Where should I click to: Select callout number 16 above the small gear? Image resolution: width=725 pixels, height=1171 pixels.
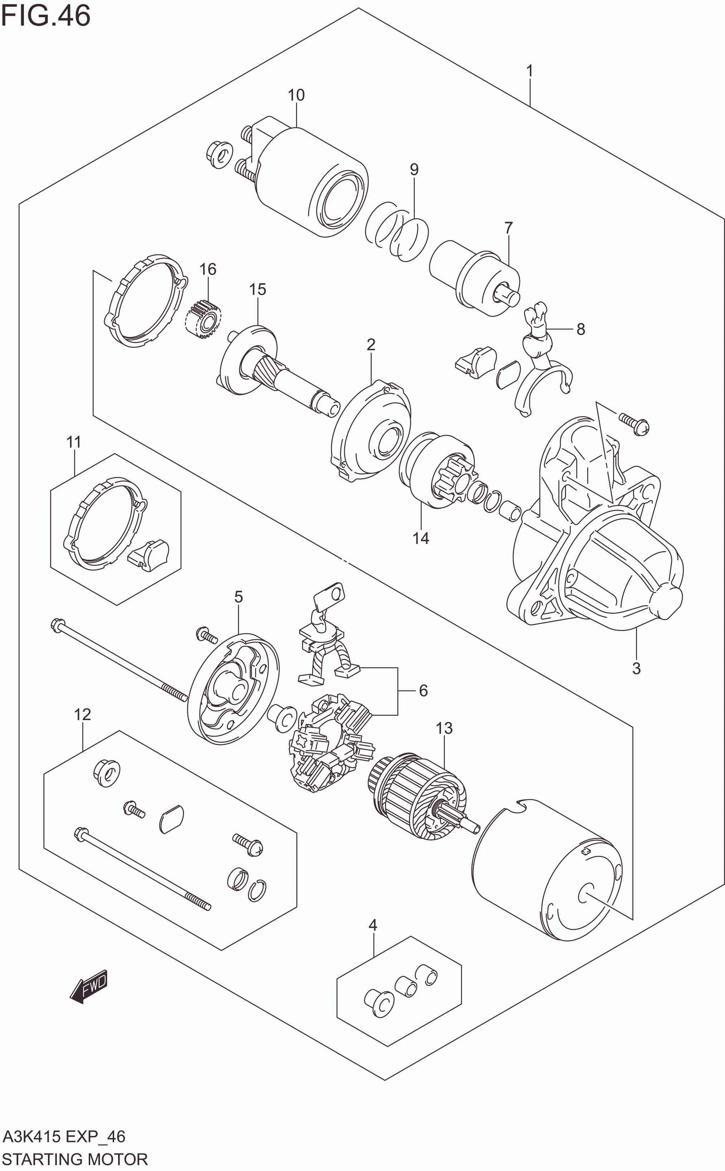(x=208, y=269)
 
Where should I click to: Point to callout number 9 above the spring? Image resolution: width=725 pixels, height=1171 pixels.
(x=414, y=169)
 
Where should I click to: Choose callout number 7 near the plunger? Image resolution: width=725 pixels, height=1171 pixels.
(x=508, y=227)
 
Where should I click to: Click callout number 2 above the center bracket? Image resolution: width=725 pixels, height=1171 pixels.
(x=371, y=344)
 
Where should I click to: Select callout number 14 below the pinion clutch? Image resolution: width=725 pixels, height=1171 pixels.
(x=420, y=538)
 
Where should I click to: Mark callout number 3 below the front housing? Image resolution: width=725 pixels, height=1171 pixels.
(x=636, y=668)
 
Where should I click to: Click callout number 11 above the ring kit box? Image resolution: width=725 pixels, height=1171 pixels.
(x=73, y=442)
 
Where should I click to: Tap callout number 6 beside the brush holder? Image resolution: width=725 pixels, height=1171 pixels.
(x=423, y=690)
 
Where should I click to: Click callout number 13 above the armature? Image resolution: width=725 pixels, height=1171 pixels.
(x=444, y=728)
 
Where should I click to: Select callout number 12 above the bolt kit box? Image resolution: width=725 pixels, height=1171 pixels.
(x=82, y=714)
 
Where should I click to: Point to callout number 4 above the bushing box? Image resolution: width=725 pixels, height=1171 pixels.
(x=373, y=925)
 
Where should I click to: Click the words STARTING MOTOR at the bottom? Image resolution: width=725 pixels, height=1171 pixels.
(x=75, y=1156)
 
